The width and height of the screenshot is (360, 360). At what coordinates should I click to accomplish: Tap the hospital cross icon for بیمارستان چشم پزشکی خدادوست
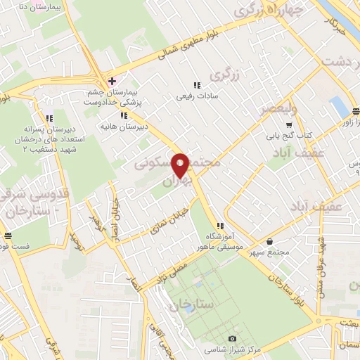tap(112, 82)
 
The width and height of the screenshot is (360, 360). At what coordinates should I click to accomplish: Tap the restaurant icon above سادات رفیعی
tap(196, 86)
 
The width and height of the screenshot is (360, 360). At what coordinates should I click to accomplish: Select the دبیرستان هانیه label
tap(144, 127)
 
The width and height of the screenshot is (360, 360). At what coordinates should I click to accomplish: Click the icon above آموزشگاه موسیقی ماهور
tap(220, 226)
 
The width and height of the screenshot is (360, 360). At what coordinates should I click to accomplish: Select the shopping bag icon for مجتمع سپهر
tap(270, 240)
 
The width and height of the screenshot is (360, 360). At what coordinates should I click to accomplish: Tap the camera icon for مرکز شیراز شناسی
tap(232, 338)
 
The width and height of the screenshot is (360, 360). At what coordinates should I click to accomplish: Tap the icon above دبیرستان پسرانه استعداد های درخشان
tap(49, 118)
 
